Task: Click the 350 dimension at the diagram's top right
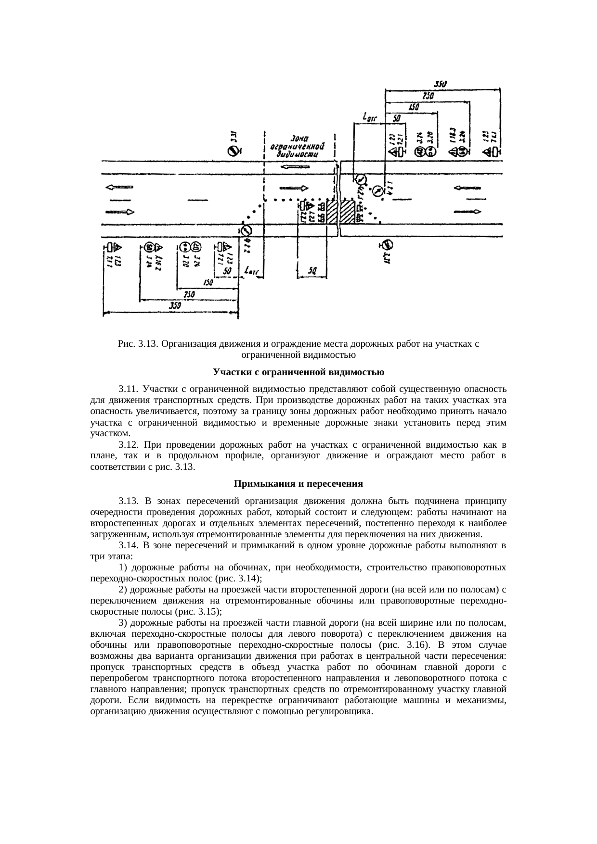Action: (440, 84)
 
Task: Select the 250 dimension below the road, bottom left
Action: (189, 294)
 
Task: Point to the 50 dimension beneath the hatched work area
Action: (312, 272)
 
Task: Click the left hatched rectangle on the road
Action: (332, 212)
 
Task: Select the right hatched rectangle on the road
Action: (347, 212)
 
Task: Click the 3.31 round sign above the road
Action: (233, 151)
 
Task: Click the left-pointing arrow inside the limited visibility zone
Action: (295, 167)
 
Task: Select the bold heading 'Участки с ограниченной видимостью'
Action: (298, 372)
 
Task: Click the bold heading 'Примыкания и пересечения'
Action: (298, 483)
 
